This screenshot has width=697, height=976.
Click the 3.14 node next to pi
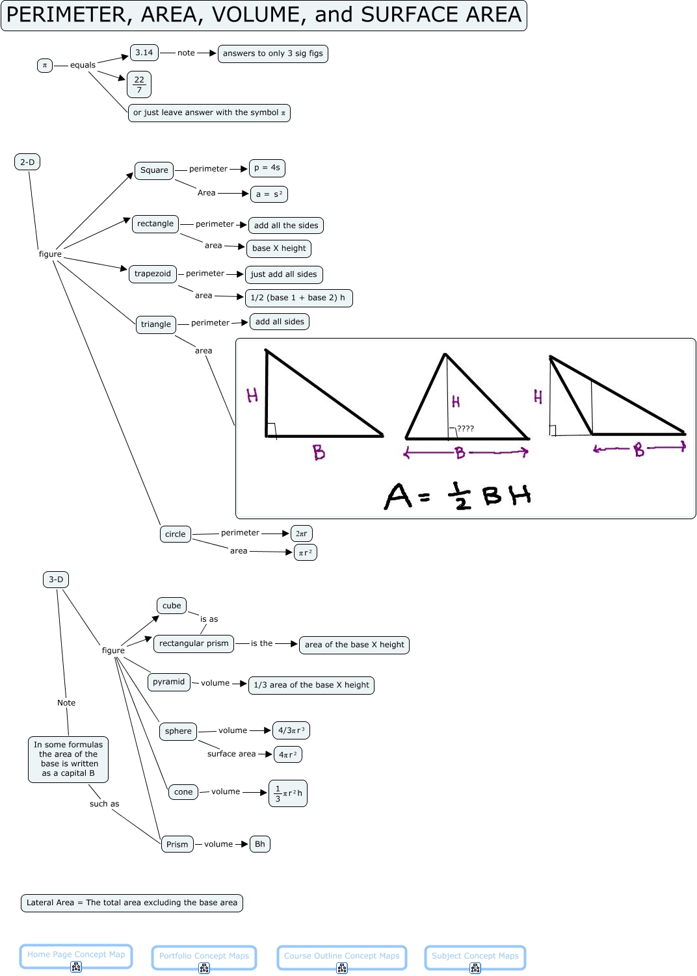144,53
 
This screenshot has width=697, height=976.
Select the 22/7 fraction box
139,84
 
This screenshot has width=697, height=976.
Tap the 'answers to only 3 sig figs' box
272,53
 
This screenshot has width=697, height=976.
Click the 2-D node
27,162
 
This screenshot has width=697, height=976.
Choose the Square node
154,170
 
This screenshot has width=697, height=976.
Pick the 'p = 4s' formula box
267,168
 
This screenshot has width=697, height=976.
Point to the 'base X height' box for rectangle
279,248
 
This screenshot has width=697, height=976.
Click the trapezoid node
153,274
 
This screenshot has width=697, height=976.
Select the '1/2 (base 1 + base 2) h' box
298,298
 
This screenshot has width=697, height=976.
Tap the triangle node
156,324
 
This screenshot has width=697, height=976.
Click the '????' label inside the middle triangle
466,429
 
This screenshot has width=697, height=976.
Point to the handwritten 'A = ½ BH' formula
458,496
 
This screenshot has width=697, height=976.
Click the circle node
175,534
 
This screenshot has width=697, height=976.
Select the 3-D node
56,580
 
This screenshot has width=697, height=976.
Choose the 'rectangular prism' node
194,643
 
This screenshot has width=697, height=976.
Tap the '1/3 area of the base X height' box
311,685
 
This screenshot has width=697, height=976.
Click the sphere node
178,731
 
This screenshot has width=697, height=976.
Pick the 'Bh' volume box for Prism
259,844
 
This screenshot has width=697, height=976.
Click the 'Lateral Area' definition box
132,903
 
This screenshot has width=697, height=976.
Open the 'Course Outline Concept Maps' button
342,956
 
